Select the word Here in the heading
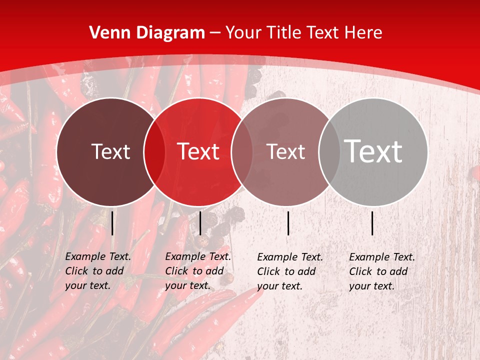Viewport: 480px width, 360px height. tap(364, 33)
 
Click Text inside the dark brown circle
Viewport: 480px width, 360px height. tap(110, 151)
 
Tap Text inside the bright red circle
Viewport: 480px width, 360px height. tap(198, 151)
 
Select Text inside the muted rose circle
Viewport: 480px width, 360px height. tap(285, 151)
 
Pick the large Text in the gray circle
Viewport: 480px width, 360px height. tap(373, 151)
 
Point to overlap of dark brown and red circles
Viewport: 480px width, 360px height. tap(154, 151)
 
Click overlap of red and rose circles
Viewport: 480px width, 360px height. tap(242, 151)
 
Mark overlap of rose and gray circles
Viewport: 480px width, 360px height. tap(329, 151)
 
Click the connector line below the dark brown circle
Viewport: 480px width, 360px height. tap(112, 223)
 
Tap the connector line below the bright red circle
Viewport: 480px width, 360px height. tap(200, 223)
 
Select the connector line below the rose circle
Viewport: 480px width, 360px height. tap(288, 223)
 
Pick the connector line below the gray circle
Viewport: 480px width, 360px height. tap(372, 223)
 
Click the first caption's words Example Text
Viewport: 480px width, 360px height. tap(98, 256)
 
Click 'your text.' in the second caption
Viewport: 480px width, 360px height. tap(188, 285)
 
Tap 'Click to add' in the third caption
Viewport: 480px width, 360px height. tap(286, 271)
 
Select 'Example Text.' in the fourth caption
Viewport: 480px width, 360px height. tap(382, 257)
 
